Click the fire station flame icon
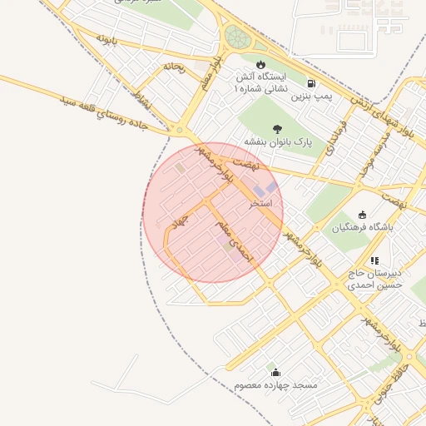(260, 65)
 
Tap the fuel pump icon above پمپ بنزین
(311, 83)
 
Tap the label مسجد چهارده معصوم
(275, 386)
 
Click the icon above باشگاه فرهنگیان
(361, 213)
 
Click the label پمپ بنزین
(311, 97)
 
